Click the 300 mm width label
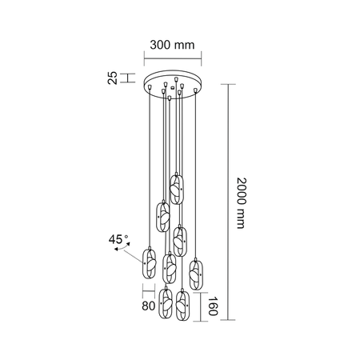coord(172,46)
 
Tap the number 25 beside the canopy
coord(113,78)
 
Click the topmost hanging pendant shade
coord(177,189)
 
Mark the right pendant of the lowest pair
coord(183,305)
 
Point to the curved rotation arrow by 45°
coord(122,250)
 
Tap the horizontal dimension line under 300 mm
coord(172,57)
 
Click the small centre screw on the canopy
coord(173,82)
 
